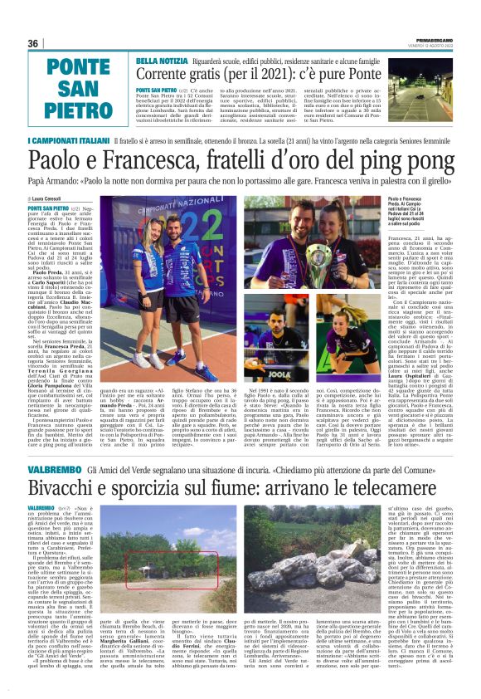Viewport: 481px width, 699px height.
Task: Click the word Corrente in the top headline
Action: [169, 76]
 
